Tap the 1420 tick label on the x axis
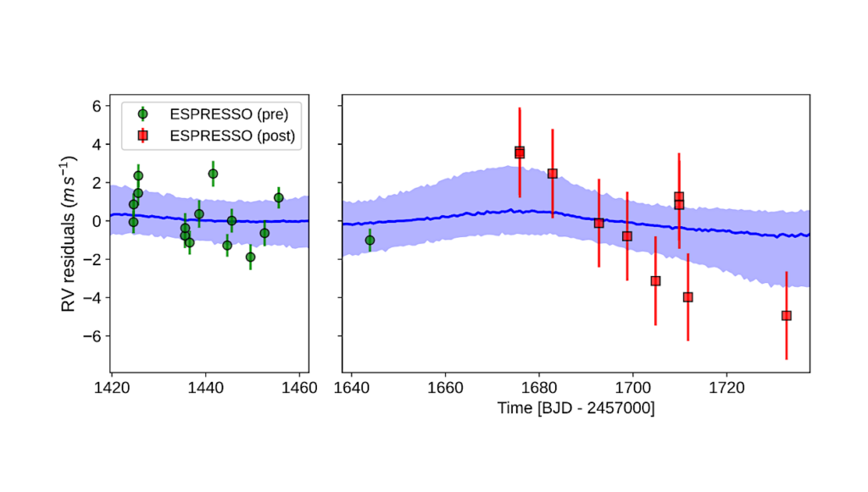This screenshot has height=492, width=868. tap(111, 388)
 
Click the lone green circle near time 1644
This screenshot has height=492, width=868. tap(370, 240)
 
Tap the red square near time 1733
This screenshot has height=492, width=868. tap(787, 316)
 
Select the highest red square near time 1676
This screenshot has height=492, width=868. tap(520, 152)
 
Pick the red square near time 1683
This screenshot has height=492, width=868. tap(553, 174)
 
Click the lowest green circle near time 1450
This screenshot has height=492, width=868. tap(250, 257)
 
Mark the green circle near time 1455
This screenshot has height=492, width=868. tap(278, 197)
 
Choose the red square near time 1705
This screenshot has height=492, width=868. tap(655, 281)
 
